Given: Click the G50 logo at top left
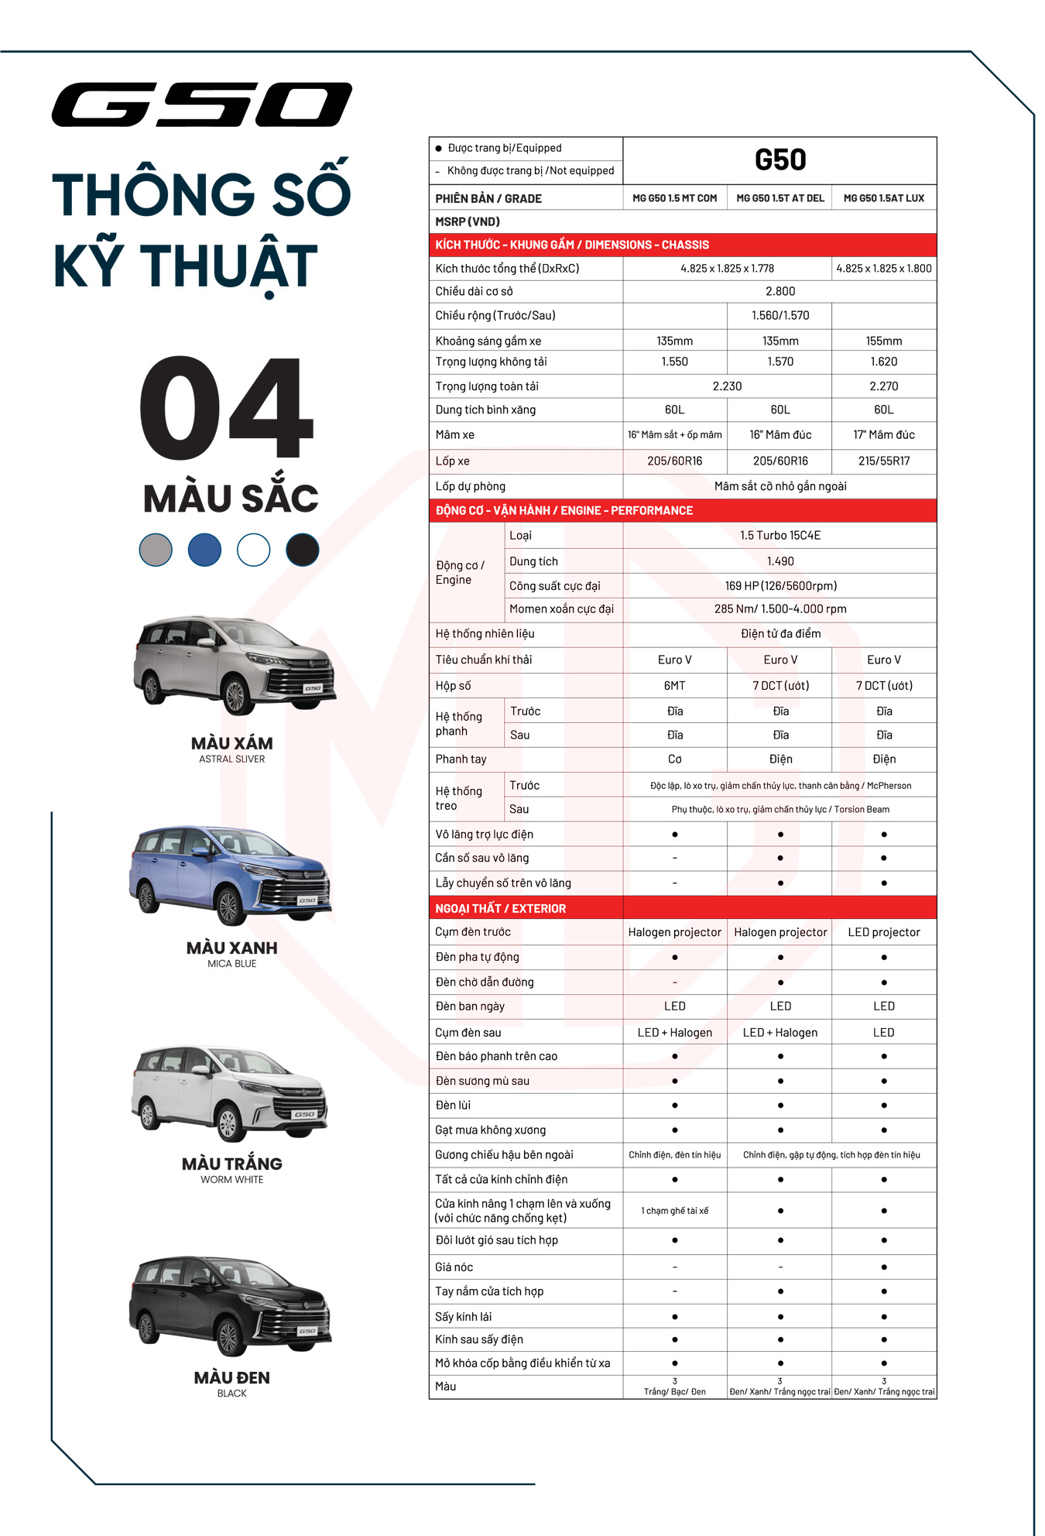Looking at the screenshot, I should pyautogui.click(x=201, y=105).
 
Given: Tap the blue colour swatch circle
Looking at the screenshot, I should pyautogui.click(x=204, y=550).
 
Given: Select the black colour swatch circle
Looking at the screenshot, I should pyautogui.click(x=302, y=550).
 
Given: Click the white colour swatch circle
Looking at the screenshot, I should pyautogui.click(x=253, y=550).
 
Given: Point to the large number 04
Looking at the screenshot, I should pyautogui.click(x=226, y=408).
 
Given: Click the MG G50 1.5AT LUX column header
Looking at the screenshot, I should pyautogui.click(x=883, y=198).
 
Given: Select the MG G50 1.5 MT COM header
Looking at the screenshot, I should pyautogui.click(x=674, y=198).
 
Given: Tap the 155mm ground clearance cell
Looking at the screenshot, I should pyautogui.click(x=883, y=341).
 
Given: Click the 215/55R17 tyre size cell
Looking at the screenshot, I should pyautogui.click(x=883, y=461).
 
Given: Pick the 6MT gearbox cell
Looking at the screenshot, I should pyautogui.click(x=674, y=685).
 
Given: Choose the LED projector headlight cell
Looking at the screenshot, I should pyautogui.click(x=883, y=932).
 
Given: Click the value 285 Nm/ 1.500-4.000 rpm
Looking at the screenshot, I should pyautogui.click(x=779, y=609).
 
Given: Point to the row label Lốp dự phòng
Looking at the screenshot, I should pyautogui.click(x=470, y=486).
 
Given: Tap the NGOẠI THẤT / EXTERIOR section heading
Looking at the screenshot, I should pyautogui.click(x=500, y=908).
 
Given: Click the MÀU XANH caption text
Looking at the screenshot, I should pyautogui.click(x=231, y=948).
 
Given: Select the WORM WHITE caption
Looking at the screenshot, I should pyautogui.click(x=231, y=1179).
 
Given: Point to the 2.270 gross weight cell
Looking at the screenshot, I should pyautogui.click(x=883, y=386).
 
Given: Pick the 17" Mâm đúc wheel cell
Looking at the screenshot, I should pyautogui.click(x=883, y=435).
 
